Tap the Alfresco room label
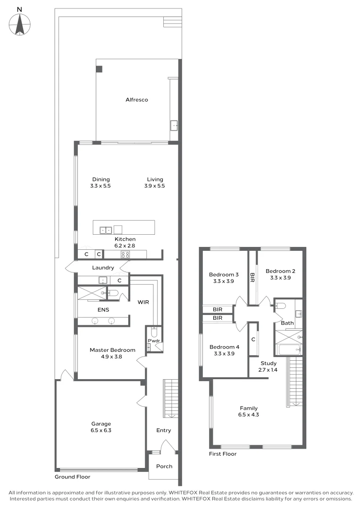(x=137, y=100)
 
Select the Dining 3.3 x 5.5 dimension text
(x=100, y=186)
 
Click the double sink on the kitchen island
(x=106, y=230)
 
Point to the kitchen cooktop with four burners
(x=126, y=255)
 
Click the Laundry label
(x=103, y=268)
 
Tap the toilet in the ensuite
(x=112, y=293)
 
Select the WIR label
(x=144, y=302)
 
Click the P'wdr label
(x=153, y=340)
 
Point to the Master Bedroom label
(x=112, y=350)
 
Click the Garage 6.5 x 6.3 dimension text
(x=101, y=430)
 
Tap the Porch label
(x=164, y=466)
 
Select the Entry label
(x=164, y=430)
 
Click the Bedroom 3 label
(x=224, y=274)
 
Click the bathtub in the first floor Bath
(x=288, y=350)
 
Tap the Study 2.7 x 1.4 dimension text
(x=268, y=370)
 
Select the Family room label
(x=249, y=408)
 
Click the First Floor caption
(x=223, y=454)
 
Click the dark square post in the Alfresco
(x=99, y=69)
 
